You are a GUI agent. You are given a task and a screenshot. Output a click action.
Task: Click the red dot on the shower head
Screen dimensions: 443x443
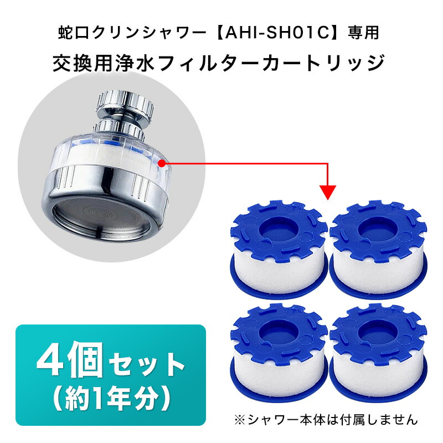161,163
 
